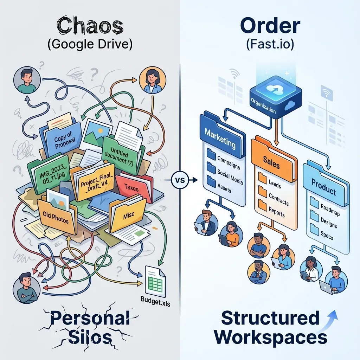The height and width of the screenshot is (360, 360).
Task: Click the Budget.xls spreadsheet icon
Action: (155, 281)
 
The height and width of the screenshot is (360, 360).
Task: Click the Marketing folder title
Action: (220, 139)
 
